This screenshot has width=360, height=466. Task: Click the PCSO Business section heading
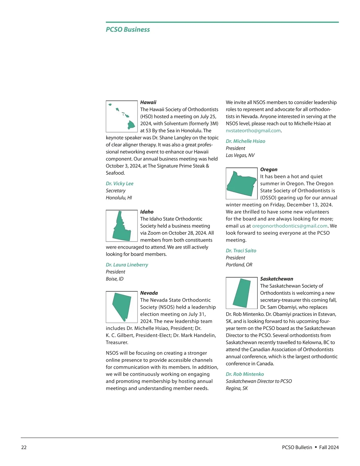128,29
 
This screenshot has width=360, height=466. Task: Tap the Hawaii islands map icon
121,116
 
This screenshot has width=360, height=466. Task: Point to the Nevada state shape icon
121,307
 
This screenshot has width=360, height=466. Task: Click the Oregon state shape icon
241,183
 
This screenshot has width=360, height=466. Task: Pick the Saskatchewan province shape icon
241,293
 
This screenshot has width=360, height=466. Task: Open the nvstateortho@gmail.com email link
253,131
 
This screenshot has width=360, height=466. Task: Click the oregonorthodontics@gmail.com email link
290,226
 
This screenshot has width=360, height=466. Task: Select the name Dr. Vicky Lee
120,183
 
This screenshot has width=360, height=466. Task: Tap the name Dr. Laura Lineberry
127,265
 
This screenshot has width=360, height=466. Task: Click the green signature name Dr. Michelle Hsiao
245,141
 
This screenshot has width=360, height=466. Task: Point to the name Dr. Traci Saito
241,251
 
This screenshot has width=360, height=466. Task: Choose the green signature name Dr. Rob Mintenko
245,374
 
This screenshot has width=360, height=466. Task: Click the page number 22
24,447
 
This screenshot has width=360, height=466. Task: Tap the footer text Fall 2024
329,447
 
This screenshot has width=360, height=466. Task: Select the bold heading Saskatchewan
277,279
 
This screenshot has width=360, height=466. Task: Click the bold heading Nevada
149,293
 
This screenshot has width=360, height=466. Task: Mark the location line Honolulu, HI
119,198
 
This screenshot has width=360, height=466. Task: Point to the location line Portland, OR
239,265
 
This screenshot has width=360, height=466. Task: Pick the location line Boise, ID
115,279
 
